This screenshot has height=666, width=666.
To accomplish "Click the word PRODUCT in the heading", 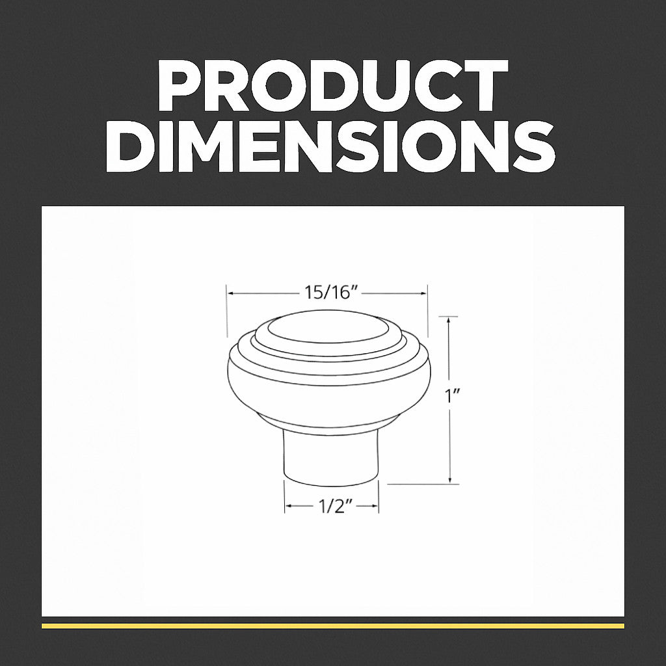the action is coord(332,85).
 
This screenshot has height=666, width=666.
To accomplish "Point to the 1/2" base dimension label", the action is coord(330,506).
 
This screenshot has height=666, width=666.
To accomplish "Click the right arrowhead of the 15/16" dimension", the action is coord(423,293).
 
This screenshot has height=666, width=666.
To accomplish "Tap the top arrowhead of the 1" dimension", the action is coord(449,320).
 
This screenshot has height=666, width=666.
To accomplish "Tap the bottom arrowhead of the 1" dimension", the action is coord(449,480).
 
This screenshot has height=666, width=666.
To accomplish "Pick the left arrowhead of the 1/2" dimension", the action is coord(288,506).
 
